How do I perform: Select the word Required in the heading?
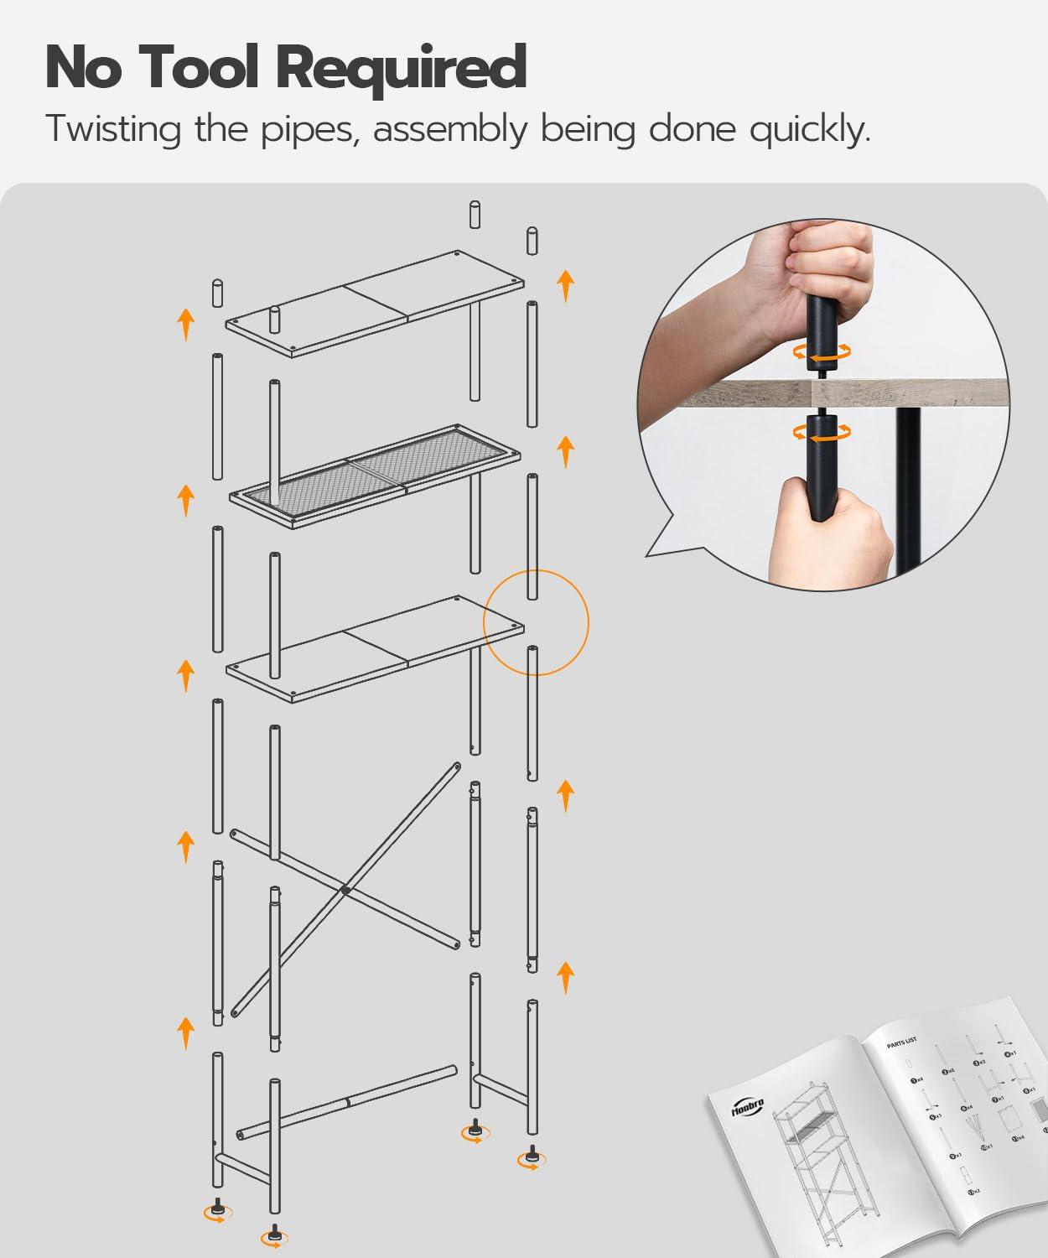point(401,70)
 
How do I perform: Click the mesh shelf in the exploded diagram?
point(377,475)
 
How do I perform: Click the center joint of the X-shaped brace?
point(344,890)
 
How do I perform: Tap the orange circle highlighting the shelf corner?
point(537,622)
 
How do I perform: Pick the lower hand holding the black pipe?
point(830,533)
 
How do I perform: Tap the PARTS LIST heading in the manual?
point(901,1042)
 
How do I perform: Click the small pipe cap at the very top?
point(475,215)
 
